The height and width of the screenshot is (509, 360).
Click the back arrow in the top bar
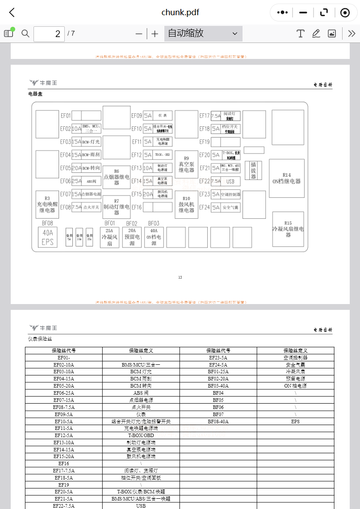(12, 13)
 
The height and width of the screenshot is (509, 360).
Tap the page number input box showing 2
(49, 33)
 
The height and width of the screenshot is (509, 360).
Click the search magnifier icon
(25, 33)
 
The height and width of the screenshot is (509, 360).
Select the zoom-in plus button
(155, 33)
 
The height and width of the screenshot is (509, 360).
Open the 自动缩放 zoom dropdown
(203, 33)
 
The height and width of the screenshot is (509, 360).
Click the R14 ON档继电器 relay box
(286, 178)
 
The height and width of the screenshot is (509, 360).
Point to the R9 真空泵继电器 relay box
(186, 164)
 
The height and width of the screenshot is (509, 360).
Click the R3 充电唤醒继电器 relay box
(47, 204)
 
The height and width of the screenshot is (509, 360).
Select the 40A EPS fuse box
(47, 237)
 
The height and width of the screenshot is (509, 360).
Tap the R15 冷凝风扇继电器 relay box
(288, 229)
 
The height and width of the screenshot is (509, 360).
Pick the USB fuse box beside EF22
(230, 181)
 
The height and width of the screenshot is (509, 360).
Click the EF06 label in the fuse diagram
(66, 181)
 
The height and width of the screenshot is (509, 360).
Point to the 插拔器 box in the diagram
(253, 170)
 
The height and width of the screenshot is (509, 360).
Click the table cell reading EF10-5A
(63, 421)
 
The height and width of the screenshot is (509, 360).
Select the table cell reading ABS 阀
(141, 393)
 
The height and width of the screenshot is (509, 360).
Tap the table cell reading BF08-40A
(218, 421)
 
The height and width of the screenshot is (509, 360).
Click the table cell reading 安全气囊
(295, 365)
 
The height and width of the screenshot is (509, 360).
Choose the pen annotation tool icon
(316, 33)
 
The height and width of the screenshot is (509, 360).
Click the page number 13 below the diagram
(180, 278)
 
